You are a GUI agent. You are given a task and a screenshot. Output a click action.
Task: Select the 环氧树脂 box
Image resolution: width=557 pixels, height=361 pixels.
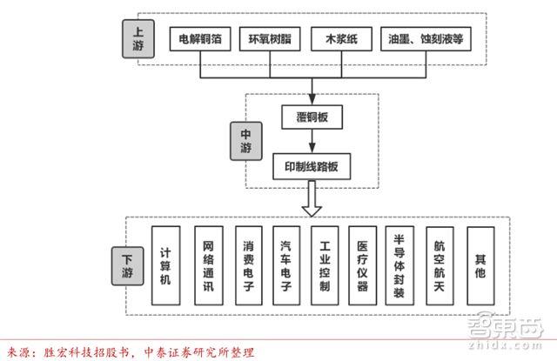(x=272, y=40)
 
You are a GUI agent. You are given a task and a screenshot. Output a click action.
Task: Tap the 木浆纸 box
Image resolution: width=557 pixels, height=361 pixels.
(x=340, y=40)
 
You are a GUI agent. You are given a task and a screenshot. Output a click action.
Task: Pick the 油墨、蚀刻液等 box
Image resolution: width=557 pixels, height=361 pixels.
(x=426, y=40)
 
